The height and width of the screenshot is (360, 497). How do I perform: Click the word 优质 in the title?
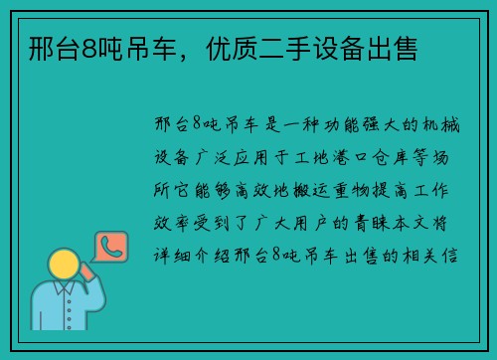point(240,47)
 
